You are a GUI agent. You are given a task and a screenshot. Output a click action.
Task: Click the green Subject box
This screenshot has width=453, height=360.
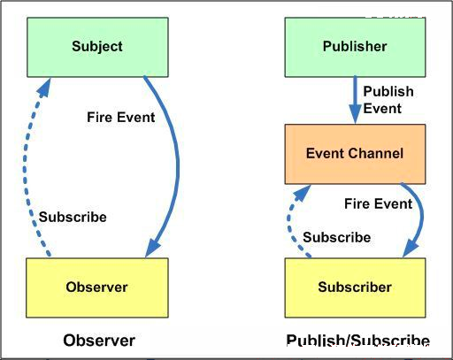97,47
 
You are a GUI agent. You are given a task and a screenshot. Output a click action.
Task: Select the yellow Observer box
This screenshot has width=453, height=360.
97,287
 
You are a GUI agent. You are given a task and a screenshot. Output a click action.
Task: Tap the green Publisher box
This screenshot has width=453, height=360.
355,47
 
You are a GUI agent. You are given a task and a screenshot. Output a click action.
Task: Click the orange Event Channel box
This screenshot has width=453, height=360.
355,154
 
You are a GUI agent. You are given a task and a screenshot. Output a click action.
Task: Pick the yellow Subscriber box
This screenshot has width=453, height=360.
355,287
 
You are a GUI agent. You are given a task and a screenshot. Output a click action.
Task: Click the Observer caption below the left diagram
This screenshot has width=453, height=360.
99,341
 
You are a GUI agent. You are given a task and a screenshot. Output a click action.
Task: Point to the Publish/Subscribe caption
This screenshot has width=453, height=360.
357,341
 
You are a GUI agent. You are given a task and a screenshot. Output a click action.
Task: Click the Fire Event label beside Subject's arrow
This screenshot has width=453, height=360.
120,117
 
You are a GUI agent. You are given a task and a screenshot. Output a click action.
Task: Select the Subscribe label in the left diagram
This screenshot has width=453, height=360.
73,217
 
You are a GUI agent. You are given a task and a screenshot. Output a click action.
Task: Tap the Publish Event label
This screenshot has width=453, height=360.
388,100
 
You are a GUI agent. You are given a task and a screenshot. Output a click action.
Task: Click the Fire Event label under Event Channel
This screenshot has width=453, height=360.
378,203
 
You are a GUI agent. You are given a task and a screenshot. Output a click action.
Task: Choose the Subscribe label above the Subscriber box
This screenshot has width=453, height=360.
337,237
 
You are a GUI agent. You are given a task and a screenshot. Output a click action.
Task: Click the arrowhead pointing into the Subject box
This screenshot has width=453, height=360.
45,87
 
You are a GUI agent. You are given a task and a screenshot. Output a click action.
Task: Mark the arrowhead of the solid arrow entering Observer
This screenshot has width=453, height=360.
152,248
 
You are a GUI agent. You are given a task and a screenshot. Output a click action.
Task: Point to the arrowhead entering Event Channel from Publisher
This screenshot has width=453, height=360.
355,114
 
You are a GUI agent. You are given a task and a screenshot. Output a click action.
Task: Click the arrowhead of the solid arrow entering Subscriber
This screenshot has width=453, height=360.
410,249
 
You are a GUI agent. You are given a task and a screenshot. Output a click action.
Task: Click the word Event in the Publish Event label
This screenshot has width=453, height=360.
382,108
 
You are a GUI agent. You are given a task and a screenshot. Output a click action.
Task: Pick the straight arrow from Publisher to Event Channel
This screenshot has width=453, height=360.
355,100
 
